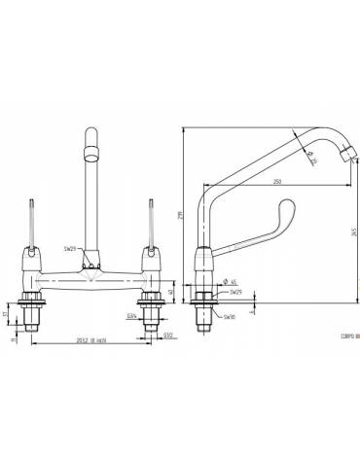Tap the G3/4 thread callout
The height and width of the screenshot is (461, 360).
[x=131, y=316]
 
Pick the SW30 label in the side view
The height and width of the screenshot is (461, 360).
[x=228, y=317]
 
